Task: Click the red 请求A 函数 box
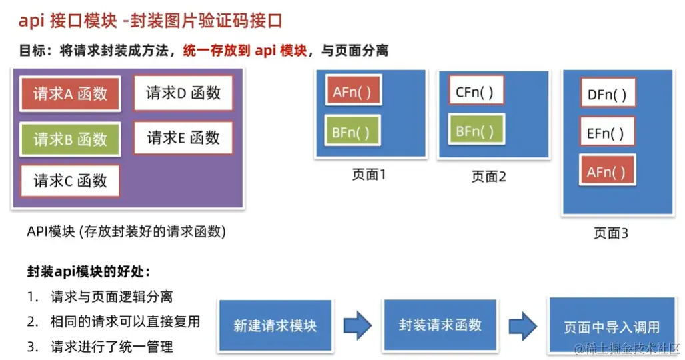[x=70, y=94]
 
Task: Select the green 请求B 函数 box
[x=70, y=139]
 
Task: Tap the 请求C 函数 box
[x=70, y=181]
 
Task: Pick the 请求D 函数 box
[x=183, y=93]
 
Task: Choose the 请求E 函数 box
[x=183, y=138]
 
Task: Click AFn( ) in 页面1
[x=352, y=91]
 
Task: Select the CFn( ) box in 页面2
[x=475, y=91]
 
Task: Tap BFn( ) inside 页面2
[x=475, y=131]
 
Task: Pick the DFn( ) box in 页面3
[x=607, y=94]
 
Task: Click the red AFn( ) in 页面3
[x=607, y=172]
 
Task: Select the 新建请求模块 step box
[x=275, y=326]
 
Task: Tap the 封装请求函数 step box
[x=440, y=325]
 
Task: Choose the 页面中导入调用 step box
[x=611, y=327]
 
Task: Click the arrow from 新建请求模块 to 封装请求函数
[x=358, y=326]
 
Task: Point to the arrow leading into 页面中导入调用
[x=524, y=326]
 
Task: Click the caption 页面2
[x=488, y=177]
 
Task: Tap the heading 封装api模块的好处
[x=89, y=272]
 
